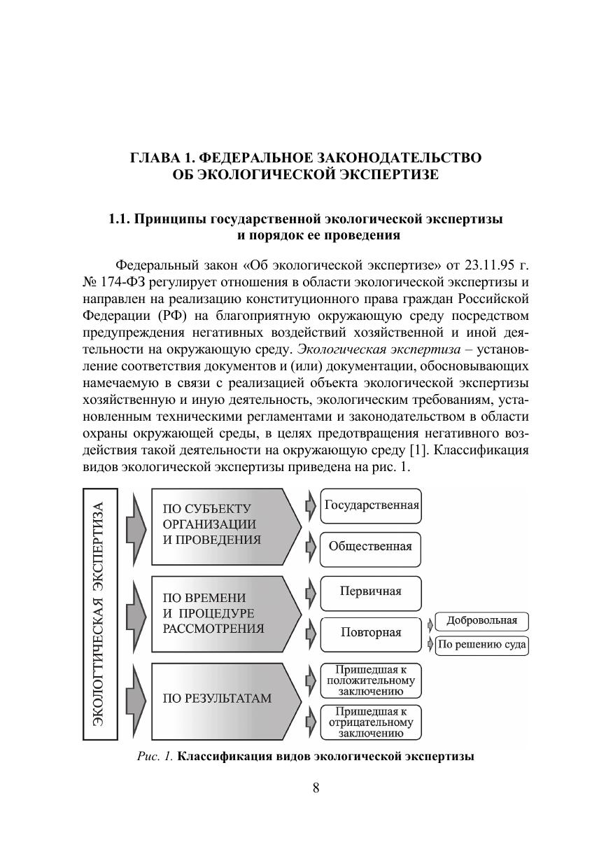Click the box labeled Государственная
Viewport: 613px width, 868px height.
(371, 505)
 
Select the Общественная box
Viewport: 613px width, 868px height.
(371, 547)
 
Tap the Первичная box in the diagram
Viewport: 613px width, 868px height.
(371, 592)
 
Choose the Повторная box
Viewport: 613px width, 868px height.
(371, 633)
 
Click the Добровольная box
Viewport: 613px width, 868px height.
(482, 621)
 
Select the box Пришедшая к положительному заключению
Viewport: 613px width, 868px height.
(371, 680)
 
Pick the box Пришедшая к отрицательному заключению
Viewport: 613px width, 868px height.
(371, 722)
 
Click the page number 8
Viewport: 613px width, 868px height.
(316, 787)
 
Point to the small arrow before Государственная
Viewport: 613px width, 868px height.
(311, 505)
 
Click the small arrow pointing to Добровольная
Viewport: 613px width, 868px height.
(430, 622)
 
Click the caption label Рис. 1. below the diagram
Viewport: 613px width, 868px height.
(155, 757)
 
